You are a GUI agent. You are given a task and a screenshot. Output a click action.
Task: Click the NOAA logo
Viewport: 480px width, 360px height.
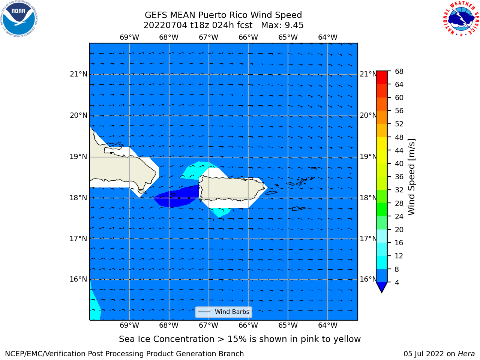click(x=19, y=19)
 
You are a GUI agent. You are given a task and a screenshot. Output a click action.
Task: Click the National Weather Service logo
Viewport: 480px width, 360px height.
click(x=461, y=18)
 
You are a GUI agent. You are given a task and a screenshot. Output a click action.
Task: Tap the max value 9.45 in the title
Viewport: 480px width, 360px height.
click(x=294, y=25)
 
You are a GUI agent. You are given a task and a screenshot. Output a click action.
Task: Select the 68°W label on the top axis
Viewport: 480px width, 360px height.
click(x=169, y=37)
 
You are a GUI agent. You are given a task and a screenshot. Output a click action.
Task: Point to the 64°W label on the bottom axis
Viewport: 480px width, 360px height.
click(x=328, y=325)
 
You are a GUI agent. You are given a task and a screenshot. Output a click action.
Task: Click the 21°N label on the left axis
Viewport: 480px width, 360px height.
click(x=78, y=74)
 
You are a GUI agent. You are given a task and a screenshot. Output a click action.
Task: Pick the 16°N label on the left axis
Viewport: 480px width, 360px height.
click(x=78, y=279)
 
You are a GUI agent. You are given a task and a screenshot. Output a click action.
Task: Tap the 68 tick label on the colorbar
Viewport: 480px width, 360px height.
click(x=399, y=72)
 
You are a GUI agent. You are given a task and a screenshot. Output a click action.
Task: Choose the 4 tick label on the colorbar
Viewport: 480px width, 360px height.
click(x=397, y=282)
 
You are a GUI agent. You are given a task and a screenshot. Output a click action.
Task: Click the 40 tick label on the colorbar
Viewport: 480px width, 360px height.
click(x=399, y=163)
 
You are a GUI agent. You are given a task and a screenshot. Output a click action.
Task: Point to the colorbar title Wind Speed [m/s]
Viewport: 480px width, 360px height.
click(x=411, y=177)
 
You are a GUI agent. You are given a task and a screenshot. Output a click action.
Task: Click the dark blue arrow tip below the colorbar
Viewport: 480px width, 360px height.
click(x=382, y=292)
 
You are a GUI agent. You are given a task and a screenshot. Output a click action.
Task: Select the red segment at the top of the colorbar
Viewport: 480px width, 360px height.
click(x=382, y=78)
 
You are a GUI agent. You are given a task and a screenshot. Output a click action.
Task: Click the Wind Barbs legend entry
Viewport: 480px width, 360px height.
click(x=224, y=312)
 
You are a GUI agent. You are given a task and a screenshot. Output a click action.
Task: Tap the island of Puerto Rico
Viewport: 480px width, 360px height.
click(x=232, y=188)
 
